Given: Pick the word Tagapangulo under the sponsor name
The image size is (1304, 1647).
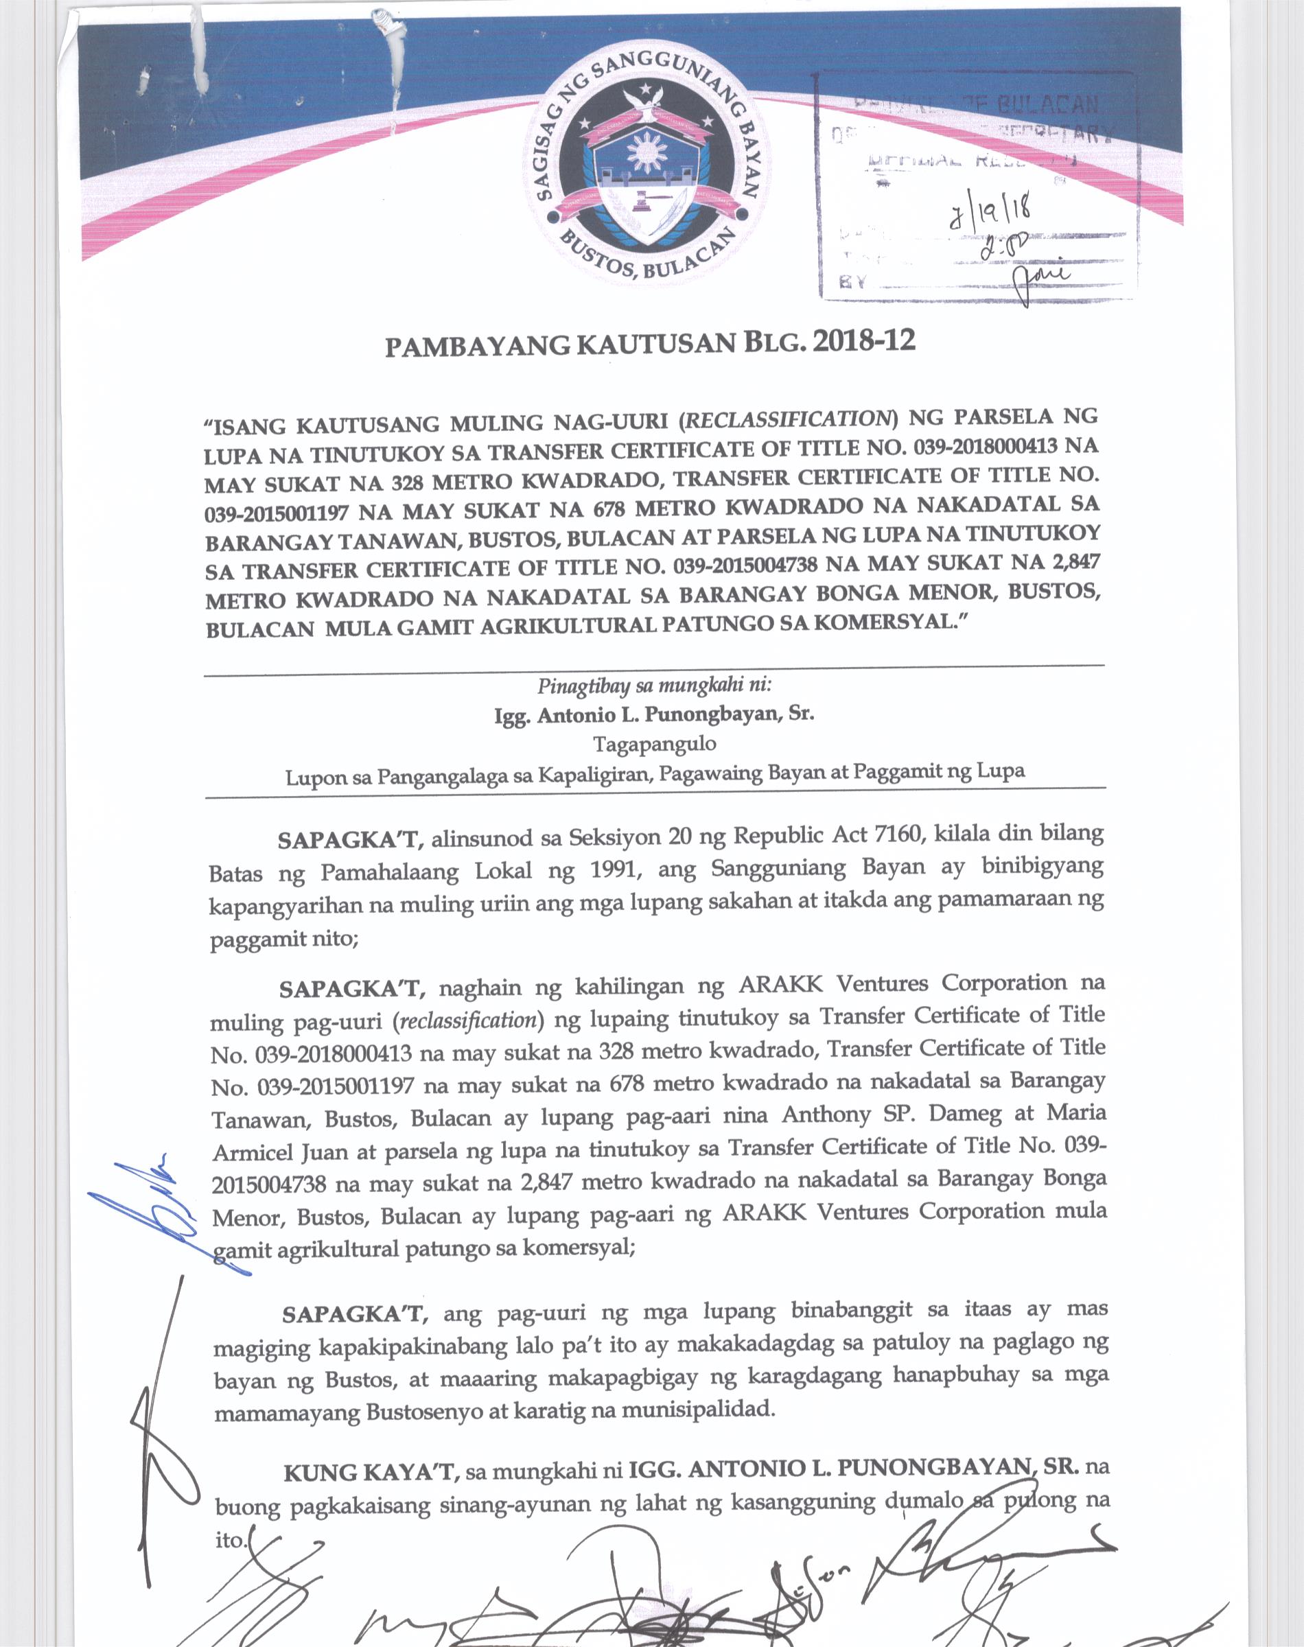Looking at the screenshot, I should tap(654, 743).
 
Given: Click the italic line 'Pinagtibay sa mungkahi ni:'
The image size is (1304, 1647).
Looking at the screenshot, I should tap(654, 685).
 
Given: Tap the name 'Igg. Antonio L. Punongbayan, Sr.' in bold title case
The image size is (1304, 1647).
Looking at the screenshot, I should tap(654, 714).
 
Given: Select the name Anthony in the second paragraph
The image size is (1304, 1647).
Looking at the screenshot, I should tap(826, 1115).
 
